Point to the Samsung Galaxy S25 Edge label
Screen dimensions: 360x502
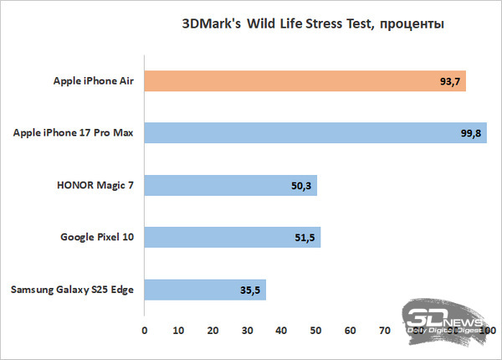tap(72, 290)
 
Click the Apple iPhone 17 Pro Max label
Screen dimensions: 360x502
tap(75, 133)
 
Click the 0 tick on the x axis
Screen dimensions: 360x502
tap(145, 331)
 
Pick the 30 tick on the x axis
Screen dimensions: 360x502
tap(248, 331)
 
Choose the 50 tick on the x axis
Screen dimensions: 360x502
tap(316, 331)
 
